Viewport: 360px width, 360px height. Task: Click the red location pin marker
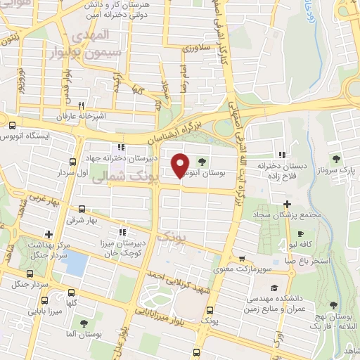181,165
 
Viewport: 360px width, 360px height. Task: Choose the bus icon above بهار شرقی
82,209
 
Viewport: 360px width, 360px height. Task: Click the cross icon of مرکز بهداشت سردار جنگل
48,234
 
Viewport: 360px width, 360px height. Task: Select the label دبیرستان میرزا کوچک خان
123,246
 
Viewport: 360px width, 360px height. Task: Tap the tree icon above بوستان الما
84,323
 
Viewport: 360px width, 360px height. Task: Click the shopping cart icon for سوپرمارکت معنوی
243,258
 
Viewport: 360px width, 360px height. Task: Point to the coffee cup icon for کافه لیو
301,234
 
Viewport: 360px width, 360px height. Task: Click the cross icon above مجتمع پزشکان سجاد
287,204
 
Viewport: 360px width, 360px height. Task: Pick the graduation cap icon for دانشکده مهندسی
273,288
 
